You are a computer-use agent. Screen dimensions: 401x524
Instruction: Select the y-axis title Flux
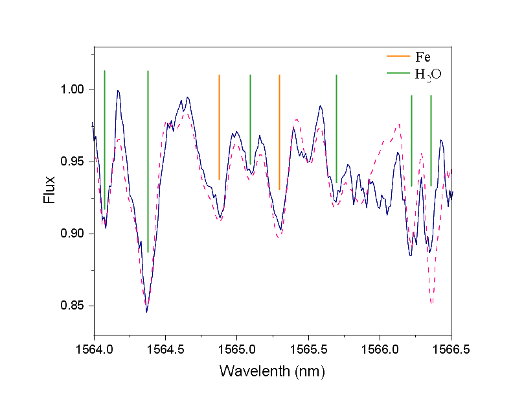[x=49, y=191]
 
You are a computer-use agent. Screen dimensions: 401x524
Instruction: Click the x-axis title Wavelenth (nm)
[x=272, y=372]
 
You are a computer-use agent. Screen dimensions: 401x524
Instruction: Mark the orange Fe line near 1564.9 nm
[x=220, y=127]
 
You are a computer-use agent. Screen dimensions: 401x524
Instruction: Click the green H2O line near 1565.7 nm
[x=336, y=127]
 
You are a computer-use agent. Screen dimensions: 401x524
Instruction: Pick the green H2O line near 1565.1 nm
[x=250, y=123]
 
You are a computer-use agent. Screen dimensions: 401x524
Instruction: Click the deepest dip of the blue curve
[x=147, y=312]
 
